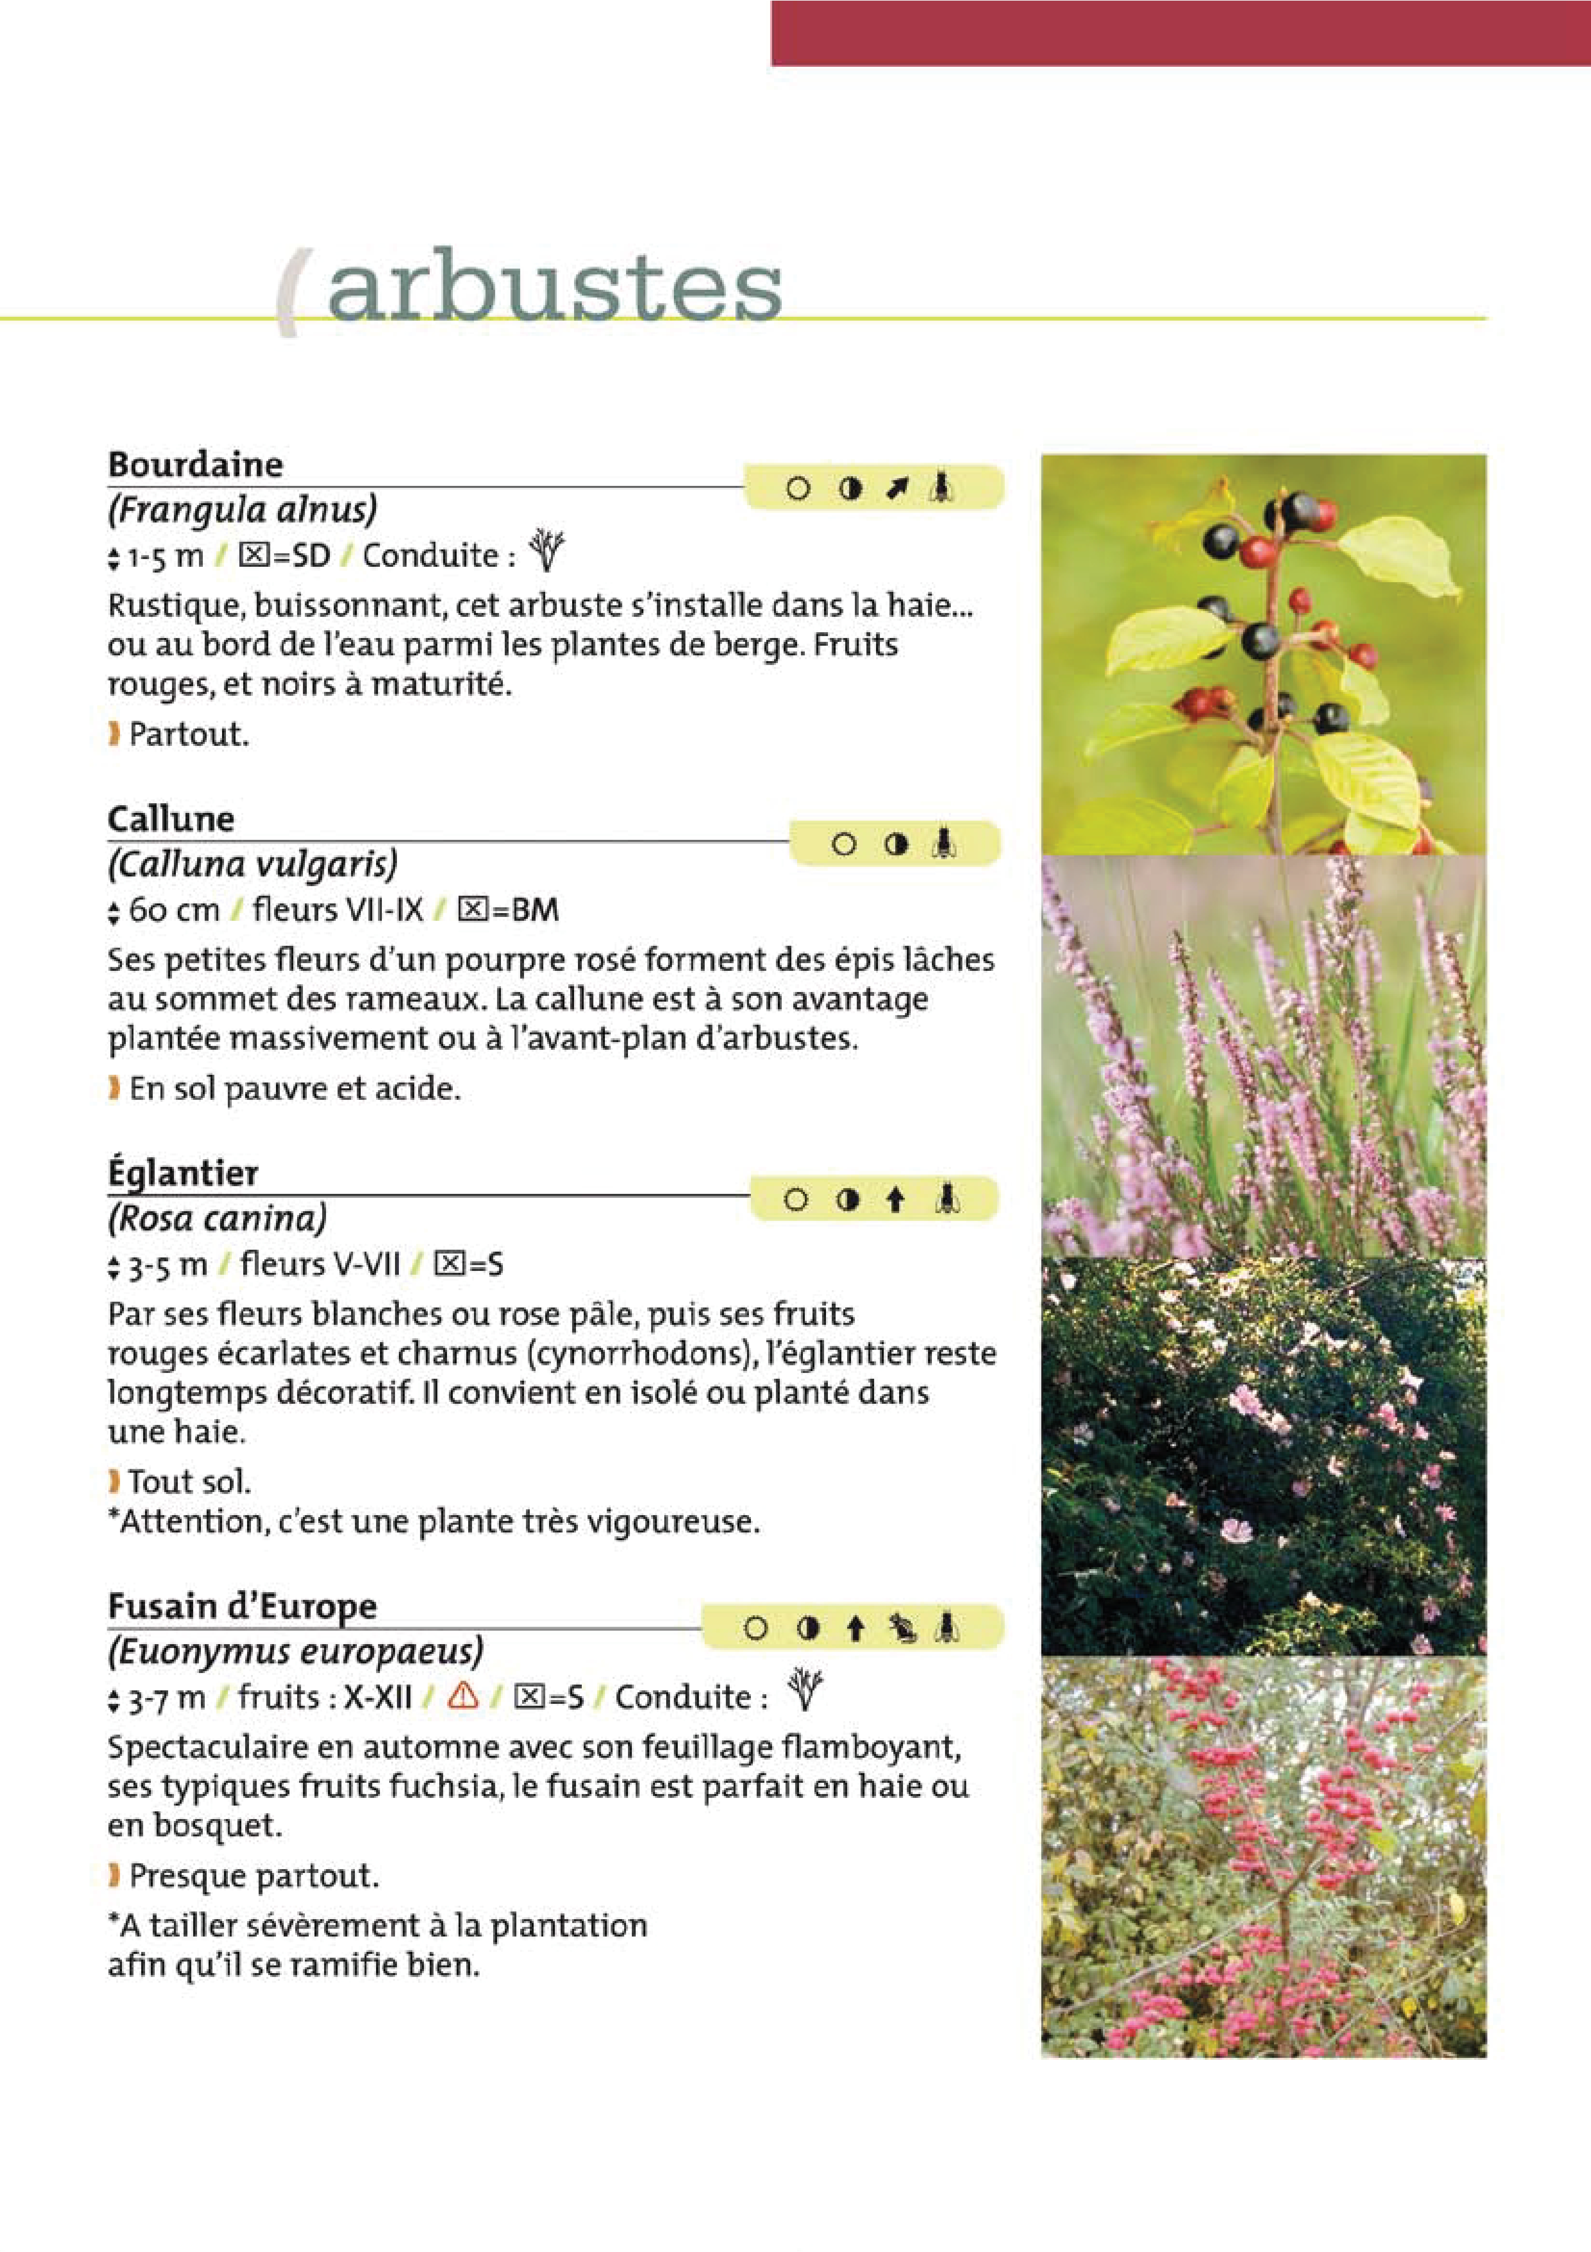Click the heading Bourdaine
tap(195, 464)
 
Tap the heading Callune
tap(171, 819)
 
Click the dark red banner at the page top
tap(1180, 32)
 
